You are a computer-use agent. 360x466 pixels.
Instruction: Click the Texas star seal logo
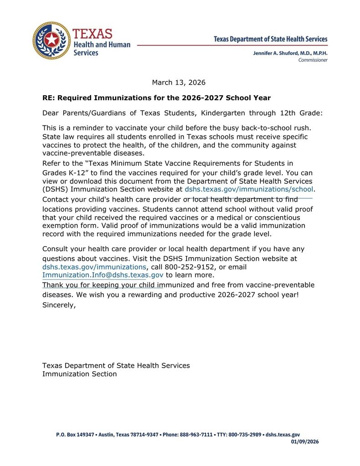(x=51, y=40)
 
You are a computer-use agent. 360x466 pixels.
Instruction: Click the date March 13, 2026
(x=178, y=82)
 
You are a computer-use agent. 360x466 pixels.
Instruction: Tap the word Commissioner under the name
(x=313, y=60)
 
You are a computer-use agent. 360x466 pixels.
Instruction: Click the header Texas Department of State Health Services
(x=270, y=40)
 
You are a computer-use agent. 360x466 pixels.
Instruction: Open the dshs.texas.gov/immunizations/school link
(x=249, y=189)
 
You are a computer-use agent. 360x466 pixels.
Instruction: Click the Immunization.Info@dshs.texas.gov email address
(x=103, y=275)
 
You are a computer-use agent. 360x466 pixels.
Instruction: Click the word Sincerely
(x=59, y=305)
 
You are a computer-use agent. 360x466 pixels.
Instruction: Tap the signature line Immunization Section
(x=80, y=374)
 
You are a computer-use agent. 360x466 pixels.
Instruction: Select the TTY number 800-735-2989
(x=244, y=435)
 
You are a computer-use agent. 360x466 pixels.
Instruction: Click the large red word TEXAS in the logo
(x=92, y=34)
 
